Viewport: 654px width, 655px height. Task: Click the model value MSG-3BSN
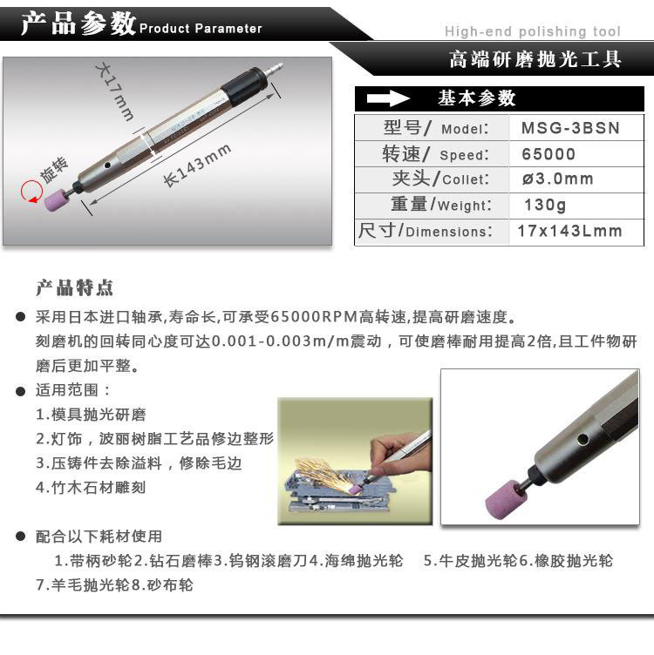tap(570, 128)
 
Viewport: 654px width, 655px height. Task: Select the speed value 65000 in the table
tap(548, 154)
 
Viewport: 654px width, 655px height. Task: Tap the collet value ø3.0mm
tap(557, 179)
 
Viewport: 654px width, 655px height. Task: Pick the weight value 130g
tap(545, 205)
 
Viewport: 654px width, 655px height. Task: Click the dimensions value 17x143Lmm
tap(569, 231)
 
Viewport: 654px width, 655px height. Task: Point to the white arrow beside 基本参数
tap(388, 98)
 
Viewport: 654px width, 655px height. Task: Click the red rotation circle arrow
tap(31, 192)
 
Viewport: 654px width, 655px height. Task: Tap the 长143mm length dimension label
tap(197, 165)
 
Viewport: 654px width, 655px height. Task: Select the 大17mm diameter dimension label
tap(114, 91)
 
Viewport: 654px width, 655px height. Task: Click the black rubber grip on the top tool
tap(242, 87)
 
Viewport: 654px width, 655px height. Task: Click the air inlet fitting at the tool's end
tap(274, 68)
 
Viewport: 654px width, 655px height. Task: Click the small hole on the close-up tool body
tap(582, 439)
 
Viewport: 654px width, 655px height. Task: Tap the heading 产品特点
tap(74, 288)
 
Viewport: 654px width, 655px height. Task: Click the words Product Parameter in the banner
tap(201, 29)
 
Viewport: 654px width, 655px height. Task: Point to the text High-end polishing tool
tap(533, 31)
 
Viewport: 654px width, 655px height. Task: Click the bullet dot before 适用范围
tap(20, 391)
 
